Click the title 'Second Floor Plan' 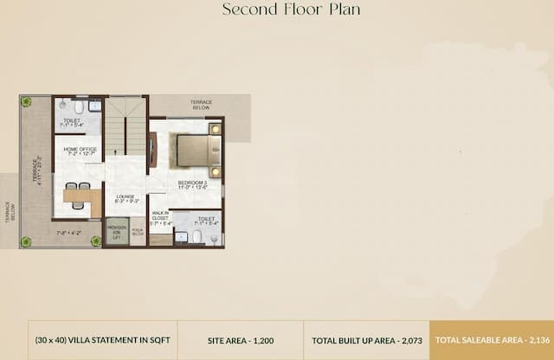291,10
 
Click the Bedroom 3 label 192,185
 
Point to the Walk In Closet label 161,217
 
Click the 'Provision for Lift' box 117,232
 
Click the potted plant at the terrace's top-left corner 27,102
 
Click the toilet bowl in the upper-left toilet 79,108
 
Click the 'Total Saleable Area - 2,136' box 491,340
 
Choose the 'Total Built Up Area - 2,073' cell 366,340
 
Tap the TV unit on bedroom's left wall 152,150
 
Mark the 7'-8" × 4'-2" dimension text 69,233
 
